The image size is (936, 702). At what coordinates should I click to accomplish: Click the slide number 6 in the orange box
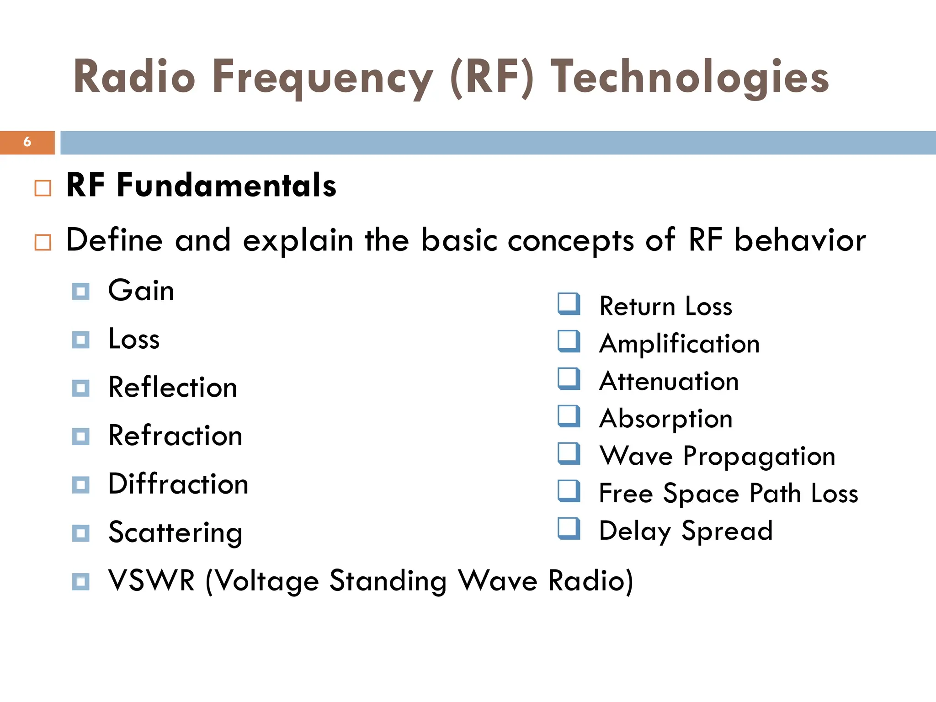(27, 142)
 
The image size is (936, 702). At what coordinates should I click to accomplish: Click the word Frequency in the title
(322, 78)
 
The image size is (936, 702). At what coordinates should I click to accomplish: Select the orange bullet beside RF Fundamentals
(43, 188)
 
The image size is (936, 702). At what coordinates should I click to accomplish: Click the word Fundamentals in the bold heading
(226, 186)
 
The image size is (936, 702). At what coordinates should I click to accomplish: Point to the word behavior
(800, 240)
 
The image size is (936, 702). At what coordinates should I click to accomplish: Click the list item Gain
(141, 291)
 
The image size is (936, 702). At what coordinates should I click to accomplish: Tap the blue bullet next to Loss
(81, 340)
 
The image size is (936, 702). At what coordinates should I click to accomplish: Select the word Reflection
(172, 388)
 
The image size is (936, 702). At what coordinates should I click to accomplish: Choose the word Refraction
(175, 436)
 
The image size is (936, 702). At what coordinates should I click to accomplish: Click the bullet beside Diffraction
(81, 485)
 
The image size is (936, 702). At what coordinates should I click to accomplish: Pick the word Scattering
(175, 533)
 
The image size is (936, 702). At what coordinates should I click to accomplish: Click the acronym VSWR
(151, 581)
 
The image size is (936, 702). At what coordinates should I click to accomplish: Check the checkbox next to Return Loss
(569, 304)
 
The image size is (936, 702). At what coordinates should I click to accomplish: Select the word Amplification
(679, 344)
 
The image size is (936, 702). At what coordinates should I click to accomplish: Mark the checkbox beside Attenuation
(569, 379)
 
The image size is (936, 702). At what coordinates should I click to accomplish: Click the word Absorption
(665, 419)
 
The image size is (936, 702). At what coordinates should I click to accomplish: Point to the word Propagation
(759, 456)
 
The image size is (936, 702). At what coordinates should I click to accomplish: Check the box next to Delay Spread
(569, 529)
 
